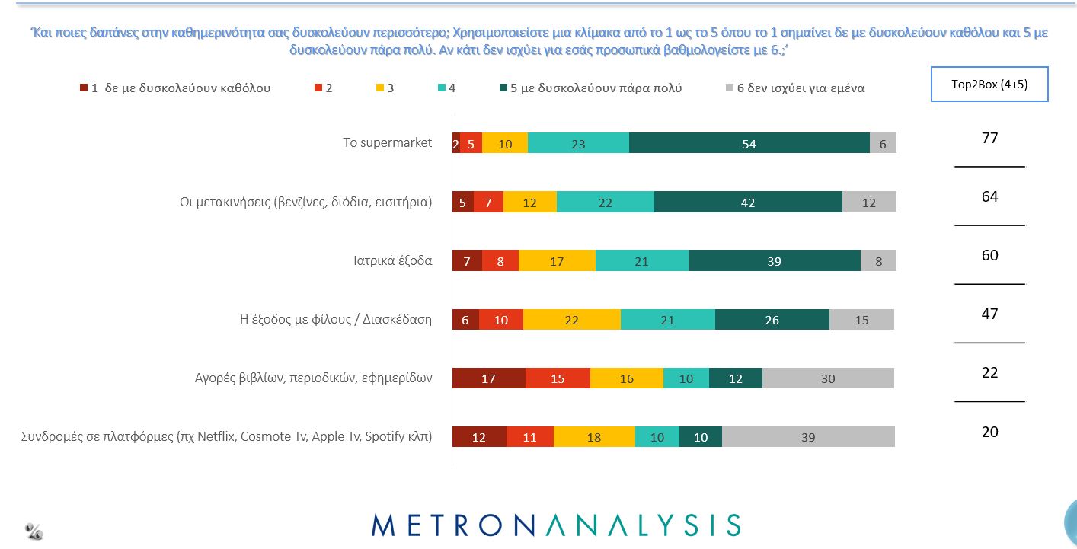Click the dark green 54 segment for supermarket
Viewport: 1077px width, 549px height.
tap(749, 143)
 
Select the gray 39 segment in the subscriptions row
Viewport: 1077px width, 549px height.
tap(808, 437)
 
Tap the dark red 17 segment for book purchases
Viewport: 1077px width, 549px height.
tap(489, 378)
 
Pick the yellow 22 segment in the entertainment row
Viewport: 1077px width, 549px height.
tap(572, 320)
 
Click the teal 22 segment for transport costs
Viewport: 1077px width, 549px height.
tap(605, 203)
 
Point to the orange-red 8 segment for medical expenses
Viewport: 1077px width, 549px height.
tap(500, 261)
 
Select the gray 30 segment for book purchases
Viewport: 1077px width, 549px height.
tap(828, 378)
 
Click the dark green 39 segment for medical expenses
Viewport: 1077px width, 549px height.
tap(774, 261)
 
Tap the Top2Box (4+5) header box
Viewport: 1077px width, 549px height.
tap(989, 85)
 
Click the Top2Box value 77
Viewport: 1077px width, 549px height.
tap(989, 138)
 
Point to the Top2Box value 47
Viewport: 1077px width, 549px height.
tap(989, 314)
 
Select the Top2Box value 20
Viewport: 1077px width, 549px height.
tap(989, 432)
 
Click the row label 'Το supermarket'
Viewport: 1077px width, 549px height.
tap(387, 142)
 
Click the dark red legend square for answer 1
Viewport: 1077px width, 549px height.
tap(84, 88)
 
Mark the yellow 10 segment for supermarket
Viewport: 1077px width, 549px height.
tap(505, 143)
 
